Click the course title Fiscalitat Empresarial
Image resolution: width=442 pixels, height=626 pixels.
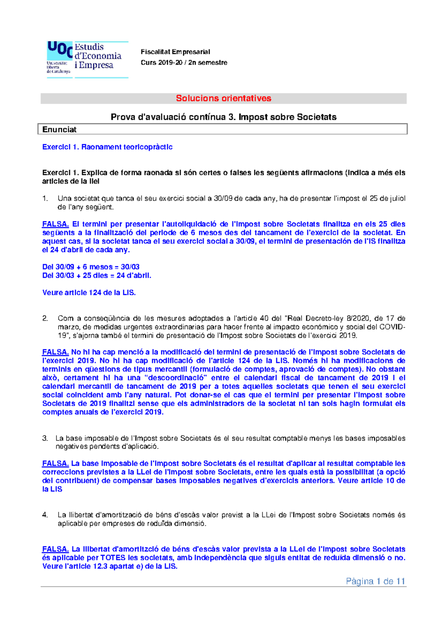[175, 52]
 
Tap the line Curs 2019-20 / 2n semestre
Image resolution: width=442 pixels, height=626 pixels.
[184, 63]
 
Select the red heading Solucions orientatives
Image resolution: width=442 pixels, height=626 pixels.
[223, 98]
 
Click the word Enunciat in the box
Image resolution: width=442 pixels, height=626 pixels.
[59, 129]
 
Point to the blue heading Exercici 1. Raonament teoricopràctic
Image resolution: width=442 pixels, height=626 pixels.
[107, 147]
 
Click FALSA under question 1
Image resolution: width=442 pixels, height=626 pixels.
[55, 224]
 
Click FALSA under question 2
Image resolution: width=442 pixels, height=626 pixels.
[55, 352]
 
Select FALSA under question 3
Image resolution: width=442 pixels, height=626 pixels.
[55, 463]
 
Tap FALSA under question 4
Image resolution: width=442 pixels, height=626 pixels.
[55, 549]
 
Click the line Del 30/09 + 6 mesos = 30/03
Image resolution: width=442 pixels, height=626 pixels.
[91, 267]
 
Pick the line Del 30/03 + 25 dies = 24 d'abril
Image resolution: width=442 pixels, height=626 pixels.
[97, 275]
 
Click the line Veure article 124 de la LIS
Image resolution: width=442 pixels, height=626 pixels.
[89, 293]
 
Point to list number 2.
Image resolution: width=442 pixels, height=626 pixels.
[45, 318]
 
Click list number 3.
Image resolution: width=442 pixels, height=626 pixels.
[45, 438]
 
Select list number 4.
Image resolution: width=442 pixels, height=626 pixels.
[45, 515]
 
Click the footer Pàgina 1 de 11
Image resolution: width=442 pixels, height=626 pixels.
[375, 581]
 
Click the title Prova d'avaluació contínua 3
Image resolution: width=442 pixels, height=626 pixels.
[173, 117]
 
